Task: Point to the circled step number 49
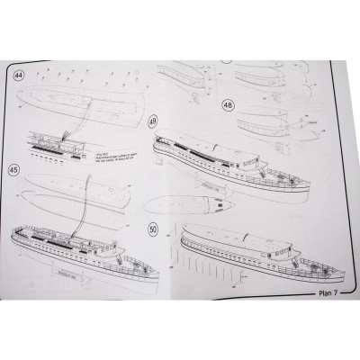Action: point(153,121)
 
